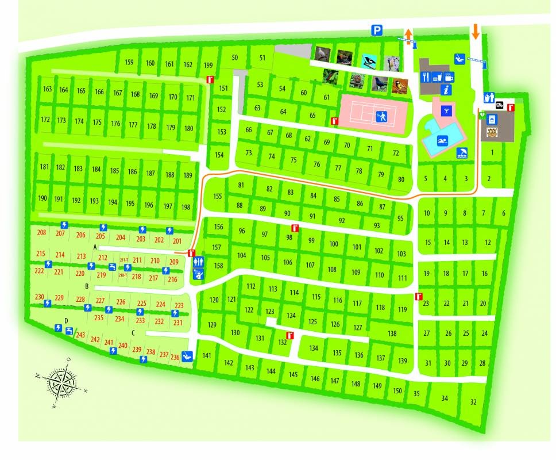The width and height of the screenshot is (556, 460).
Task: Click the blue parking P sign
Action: (376, 31)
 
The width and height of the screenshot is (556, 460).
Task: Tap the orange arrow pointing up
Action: (408, 36)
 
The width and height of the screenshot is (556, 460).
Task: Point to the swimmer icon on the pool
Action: (442, 140)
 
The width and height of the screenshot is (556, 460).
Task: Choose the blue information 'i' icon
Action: (446, 89)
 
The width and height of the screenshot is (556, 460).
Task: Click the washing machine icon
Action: (492, 119)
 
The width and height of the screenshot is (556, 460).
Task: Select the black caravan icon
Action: (499, 105)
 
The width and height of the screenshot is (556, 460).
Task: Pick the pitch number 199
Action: (208, 65)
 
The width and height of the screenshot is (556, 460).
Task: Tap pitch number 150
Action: (397, 391)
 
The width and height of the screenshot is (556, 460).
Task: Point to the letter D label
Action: (66, 321)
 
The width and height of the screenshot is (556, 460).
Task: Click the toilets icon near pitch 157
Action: (198, 260)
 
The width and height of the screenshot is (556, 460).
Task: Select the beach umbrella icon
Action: (462, 153)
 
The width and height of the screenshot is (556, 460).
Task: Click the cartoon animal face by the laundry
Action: (491, 133)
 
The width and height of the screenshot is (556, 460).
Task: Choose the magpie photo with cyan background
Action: (368, 60)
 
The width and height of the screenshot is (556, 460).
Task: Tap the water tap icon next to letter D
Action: (69, 330)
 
